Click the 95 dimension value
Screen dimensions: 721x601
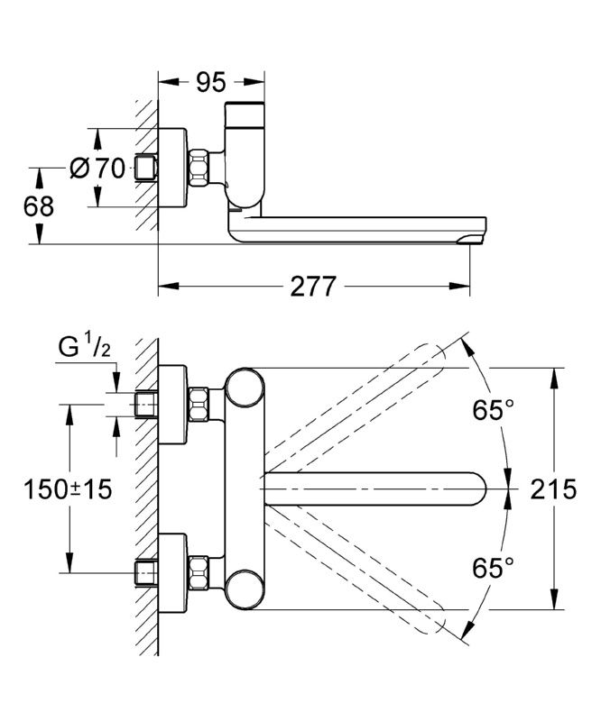210,83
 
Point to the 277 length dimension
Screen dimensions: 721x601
313,287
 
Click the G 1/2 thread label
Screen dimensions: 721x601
87,347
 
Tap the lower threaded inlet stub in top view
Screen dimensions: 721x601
144,571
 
